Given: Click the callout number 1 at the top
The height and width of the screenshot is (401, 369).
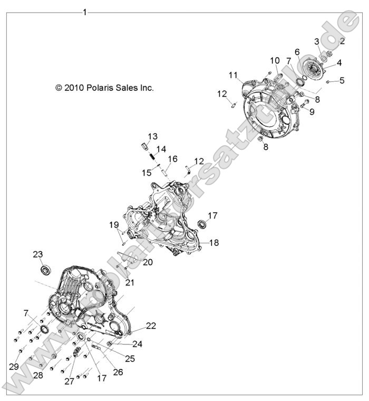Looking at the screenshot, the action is click(x=84, y=12).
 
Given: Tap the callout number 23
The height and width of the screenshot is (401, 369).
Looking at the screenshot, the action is click(x=38, y=254).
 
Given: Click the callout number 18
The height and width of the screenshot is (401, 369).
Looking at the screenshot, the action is click(x=214, y=242).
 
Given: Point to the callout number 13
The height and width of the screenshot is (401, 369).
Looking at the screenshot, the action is click(x=152, y=136).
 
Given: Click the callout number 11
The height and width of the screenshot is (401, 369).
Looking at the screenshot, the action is click(x=233, y=75).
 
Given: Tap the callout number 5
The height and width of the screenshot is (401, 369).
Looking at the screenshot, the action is click(x=342, y=80).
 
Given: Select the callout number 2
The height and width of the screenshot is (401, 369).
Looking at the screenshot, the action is click(x=343, y=41).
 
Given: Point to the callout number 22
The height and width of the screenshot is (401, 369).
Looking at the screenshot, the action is click(x=151, y=326).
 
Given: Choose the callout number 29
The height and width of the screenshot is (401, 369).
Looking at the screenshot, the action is click(x=14, y=367).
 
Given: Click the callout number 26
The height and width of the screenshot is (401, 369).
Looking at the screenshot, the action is click(x=118, y=372).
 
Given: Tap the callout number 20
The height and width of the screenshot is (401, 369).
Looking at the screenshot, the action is click(x=148, y=262).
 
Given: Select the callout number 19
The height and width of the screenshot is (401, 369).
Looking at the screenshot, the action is click(x=114, y=225).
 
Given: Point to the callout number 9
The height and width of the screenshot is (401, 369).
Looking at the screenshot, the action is click(x=312, y=111).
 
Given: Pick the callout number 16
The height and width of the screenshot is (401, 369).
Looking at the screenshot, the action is click(x=173, y=159).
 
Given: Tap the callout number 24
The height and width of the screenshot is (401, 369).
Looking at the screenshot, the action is click(x=137, y=344).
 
